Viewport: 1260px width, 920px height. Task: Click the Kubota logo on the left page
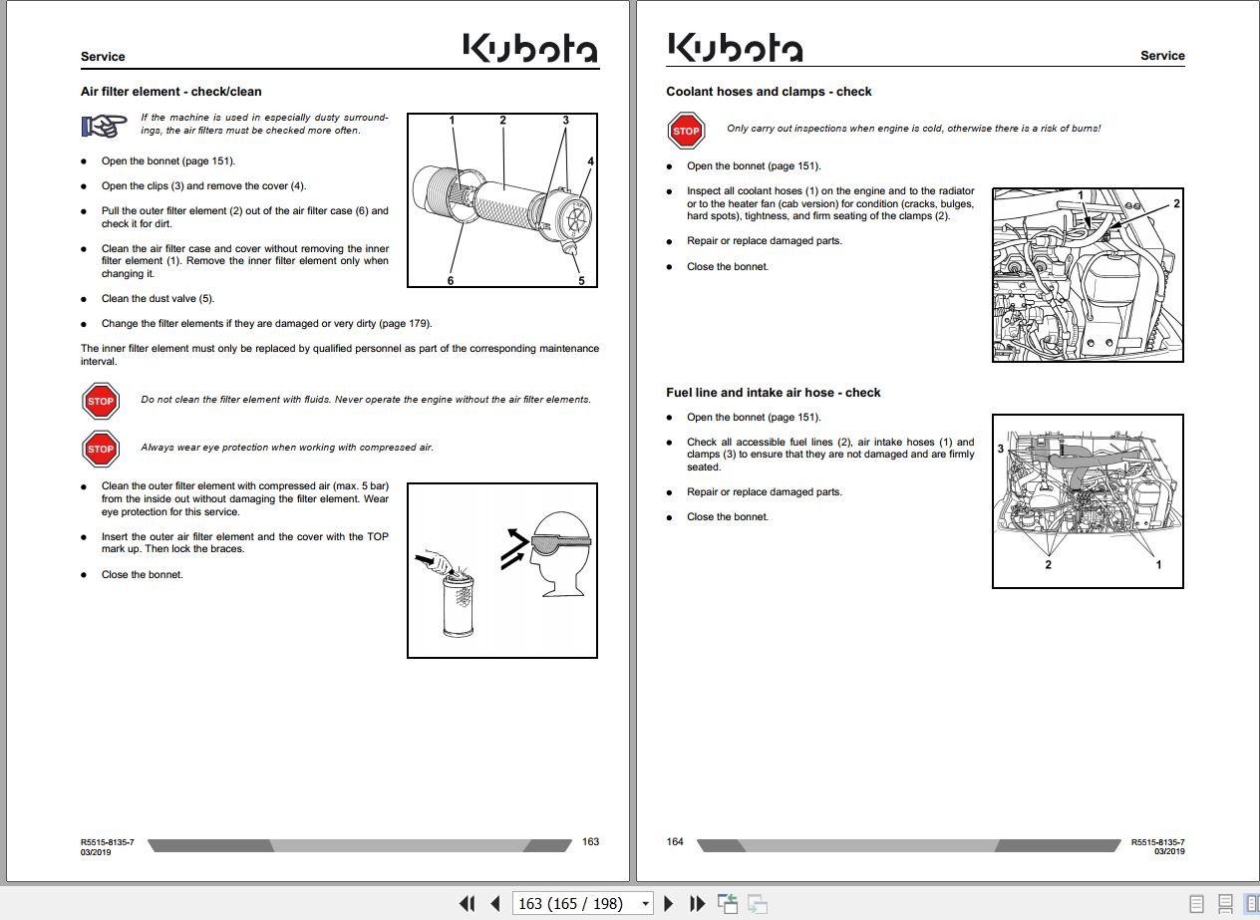click(x=530, y=49)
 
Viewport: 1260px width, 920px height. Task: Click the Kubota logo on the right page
click(x=735, y=48)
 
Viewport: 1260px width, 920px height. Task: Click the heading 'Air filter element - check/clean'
click(x=171, y=92)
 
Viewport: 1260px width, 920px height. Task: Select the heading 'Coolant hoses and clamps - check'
click(x=769, y=92)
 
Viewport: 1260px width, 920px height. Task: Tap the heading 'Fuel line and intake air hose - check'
click(x=774, y=393)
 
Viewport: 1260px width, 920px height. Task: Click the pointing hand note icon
click(x=104, y=126)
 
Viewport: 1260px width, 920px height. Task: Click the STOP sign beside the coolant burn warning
click(x=686, y=131)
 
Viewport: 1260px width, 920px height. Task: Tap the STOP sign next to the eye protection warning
click(x=100, y=449)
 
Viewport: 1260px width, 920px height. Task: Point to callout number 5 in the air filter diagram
click(x=581, y=280)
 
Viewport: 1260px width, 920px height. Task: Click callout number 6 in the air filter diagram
click(x=451, y=280)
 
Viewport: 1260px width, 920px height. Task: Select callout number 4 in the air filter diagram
click(x=590, y=161)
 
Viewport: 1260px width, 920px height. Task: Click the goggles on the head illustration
click(x=560, y=541)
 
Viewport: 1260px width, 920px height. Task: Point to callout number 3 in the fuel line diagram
click(x=1001, y=450)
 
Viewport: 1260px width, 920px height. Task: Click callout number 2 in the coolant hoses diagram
click(x=1176, y=203)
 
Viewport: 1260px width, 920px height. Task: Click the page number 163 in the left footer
click(x=590, y=842)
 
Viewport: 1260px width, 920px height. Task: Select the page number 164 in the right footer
click(x=675, y=842)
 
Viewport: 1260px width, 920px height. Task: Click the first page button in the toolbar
click(x=467, y=903)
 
